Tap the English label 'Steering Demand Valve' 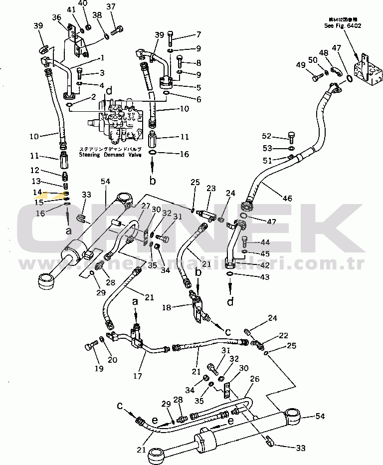[x=110, y=155]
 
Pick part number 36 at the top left [x=57, y=17]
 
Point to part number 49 [x=301, y=66]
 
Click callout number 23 [x=210, y=189]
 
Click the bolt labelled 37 [x=116, y=32]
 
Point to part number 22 [x=283, y=335]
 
